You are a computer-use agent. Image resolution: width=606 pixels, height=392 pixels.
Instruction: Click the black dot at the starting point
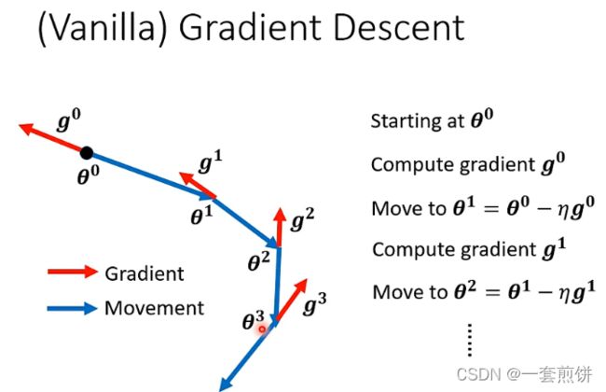point(87,153)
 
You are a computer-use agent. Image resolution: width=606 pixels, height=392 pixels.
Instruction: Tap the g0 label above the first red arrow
point(69,120)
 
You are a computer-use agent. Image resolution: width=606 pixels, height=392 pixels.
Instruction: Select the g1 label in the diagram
point(211,161)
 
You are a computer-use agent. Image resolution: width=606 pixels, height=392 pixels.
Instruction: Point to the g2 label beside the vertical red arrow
point(302,219)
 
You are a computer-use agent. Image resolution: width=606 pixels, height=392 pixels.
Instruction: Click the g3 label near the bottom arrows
point(315,303)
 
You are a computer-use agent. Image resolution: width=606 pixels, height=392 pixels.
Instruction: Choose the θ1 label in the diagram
point(201,216)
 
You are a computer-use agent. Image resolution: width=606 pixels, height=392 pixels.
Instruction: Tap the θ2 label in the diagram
point(258,261)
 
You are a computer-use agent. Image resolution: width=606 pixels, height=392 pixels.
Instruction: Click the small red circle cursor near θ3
point(262,329)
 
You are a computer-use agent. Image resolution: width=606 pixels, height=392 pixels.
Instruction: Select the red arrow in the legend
point(73,272)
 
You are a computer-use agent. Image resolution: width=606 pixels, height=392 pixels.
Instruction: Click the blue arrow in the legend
point(73,308)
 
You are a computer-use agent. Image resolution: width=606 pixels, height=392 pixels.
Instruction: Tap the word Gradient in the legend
point(145,274)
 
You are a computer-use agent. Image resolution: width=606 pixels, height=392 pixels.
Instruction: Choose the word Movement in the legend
point(154,308)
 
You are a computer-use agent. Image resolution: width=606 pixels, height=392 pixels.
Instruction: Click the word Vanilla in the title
point(103,27)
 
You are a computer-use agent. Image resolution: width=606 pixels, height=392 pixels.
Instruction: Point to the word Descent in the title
point(398,27)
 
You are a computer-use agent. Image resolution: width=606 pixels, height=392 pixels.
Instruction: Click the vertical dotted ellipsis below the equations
point(470,340)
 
